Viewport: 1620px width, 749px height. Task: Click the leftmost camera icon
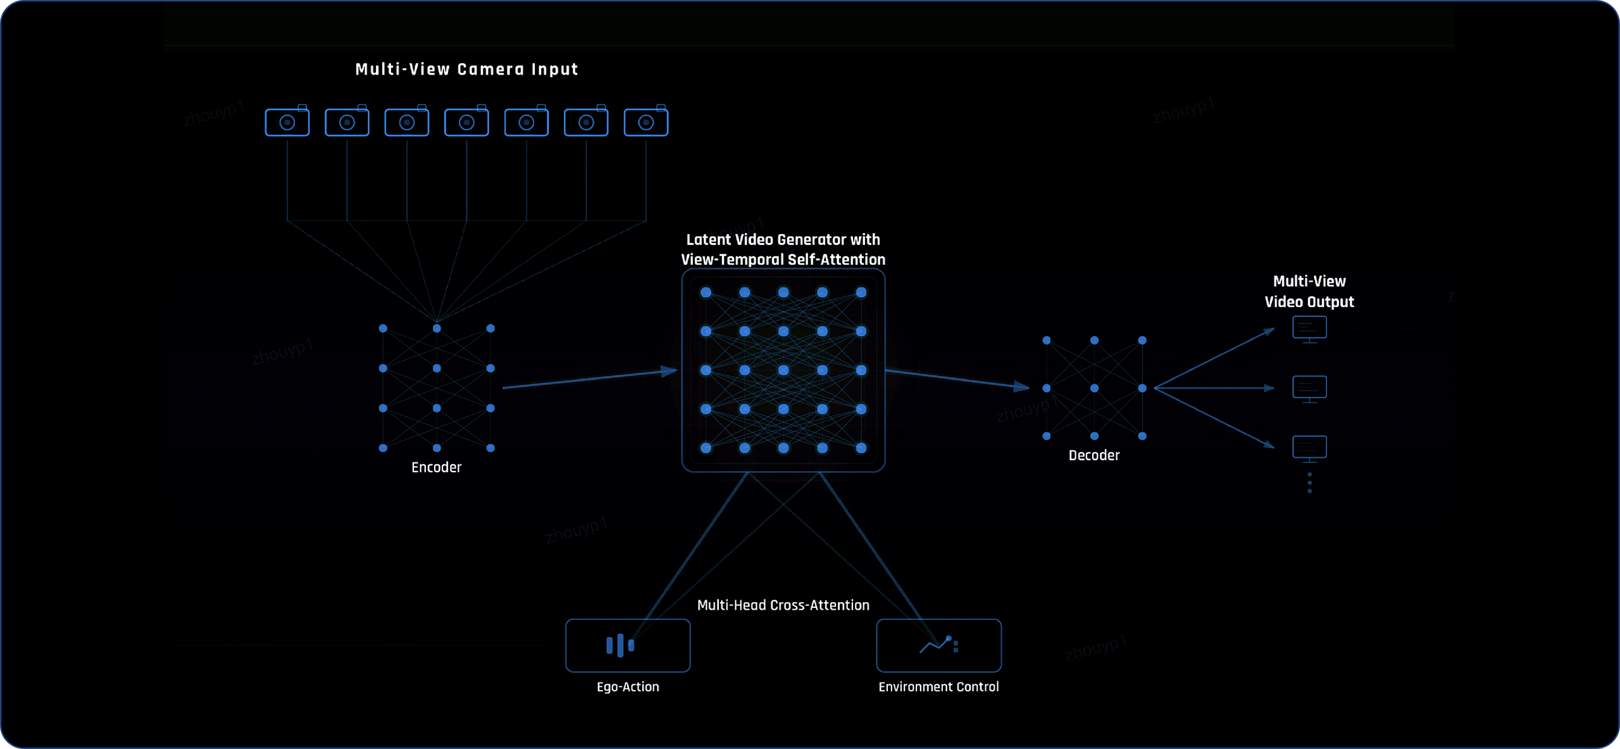[x=287, y=122]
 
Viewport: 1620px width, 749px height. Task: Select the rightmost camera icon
[x=645, y=122]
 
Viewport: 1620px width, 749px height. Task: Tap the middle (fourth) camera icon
[x=466, y=122]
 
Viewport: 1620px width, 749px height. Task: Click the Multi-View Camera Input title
[x=466, y=69]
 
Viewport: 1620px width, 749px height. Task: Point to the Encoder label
[x=436, y=467]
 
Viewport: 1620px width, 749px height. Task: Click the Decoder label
[x=1093, y=455]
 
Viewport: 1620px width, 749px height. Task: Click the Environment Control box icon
[x=938, y=645]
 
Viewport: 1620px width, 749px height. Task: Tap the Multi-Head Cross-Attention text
[x=783, y=605]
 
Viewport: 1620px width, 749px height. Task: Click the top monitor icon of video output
[x=1309, y=329]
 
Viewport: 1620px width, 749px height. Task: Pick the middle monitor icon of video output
[x=1309, y=388]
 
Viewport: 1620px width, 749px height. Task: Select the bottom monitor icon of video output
[x=1309, y=448]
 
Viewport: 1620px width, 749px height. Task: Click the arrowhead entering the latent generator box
[x=670, y=371]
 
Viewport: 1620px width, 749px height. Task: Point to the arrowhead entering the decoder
[x=1021, y=386]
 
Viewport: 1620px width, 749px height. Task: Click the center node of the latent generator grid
[x=783, y=370]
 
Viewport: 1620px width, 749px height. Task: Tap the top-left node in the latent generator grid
[x=706, y=293]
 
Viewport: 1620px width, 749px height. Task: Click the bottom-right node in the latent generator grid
[x=861, y=448]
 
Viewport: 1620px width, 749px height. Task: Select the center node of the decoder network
[x=1094, y=388]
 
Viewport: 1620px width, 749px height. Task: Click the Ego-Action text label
[x=628, y=687]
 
